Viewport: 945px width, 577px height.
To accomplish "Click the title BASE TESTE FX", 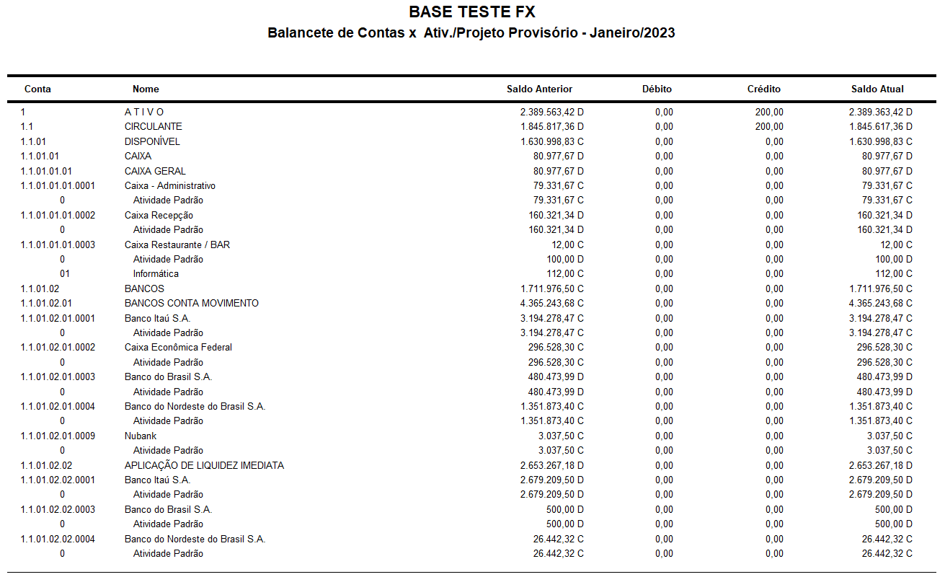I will tap(471, 12).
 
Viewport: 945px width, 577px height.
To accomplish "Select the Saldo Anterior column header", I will tap(539, 89).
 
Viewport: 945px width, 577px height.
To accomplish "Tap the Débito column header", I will tap(657, 89).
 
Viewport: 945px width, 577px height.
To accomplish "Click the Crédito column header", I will tap(763, 89).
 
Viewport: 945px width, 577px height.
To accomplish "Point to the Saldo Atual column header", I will tap(877, 89).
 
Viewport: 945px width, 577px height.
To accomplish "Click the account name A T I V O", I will tap(144, 113).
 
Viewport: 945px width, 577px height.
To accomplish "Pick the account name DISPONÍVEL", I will tap(152, 142).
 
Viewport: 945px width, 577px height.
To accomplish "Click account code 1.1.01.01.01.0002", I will tap(58, 216).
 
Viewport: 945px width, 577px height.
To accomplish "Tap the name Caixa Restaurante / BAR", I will tap(177, 245).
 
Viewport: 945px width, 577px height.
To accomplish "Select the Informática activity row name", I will tap(156, 274).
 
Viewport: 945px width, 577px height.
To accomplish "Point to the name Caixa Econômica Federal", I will tap(178, 348).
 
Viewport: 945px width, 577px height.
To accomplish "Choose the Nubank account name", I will tap(141, 436).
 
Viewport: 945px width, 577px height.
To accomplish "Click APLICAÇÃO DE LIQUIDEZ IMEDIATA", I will tap(204, 466).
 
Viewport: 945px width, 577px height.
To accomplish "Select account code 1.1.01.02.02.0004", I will tap(58, 539).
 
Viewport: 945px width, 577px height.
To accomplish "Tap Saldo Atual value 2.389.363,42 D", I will tap(880, 113).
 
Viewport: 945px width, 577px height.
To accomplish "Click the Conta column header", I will tap(37, 89).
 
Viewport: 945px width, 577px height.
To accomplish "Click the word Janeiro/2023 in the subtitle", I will tap(632, 33).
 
